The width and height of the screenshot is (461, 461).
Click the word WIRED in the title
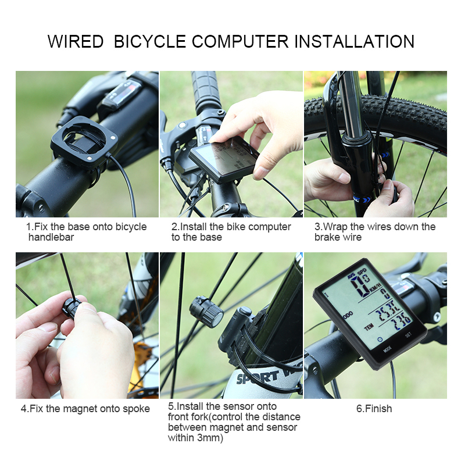75,41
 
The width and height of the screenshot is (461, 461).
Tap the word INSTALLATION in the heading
354,41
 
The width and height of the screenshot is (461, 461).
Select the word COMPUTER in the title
240,41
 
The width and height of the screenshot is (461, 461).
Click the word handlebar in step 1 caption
51,237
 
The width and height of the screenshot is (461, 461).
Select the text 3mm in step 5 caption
209,438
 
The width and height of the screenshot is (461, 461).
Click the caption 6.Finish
374,409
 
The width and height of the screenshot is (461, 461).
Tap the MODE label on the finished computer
388,349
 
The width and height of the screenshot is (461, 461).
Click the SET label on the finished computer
408,335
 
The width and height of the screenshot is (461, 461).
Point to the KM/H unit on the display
374,287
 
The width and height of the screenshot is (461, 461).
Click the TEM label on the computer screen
369,327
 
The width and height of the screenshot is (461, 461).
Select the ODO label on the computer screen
348,316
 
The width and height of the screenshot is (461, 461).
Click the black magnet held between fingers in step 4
71,308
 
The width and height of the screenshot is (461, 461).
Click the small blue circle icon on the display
380,339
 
